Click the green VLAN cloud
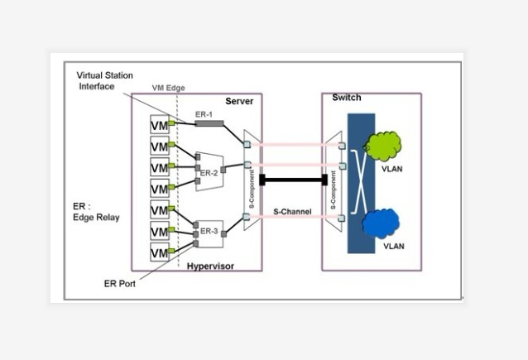click(x=382, y=146)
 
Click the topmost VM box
click(x=159, y=124)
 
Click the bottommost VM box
click(x=159, y=252)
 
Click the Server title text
click(x=239, y=101)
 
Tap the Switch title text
click(x=346, y=98)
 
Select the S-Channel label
click(x=292, y=213)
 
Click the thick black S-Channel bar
click(x=290, y=180)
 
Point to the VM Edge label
click(x=169, y=88)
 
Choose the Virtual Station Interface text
click(x=106, y=80)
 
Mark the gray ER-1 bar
click(x=209, y=124)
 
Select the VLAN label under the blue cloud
click(x=391, y=246)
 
